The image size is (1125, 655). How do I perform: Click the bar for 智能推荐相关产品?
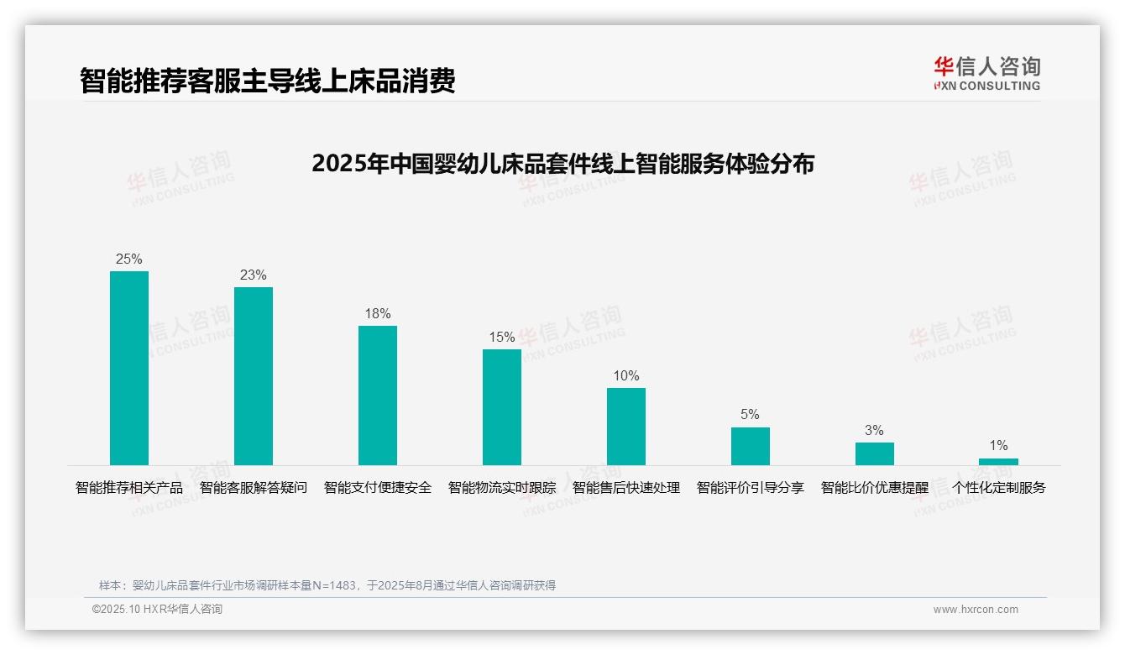[x=129, y=368]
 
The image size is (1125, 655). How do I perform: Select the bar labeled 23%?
[x=254, y=376]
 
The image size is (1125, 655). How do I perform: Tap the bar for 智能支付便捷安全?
[x=378, y=396]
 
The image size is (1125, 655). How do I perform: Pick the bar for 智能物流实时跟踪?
[x=502, y=407]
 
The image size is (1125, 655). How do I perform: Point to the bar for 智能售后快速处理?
[x=626, y=427]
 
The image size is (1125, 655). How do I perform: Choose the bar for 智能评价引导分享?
[x=751, y=446]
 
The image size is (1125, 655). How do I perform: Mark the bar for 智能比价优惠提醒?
[x=875, y=453]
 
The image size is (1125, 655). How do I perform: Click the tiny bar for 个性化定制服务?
[x=998, y=461]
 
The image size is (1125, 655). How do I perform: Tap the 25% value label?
[x=129, y=259]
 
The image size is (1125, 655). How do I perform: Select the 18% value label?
[x=378, y=314]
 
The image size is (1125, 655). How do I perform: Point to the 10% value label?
[x=626, y=376]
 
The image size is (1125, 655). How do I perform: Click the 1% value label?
[x=998, y=446]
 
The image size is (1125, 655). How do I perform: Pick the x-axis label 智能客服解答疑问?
[x=254, y=488]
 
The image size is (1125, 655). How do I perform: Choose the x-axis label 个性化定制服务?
[x=998, y=488]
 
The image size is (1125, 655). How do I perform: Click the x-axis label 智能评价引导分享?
[x=751, y=488]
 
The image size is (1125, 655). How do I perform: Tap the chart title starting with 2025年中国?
[x=562, y=164]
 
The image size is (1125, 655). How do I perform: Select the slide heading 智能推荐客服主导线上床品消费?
[x=267, y=81]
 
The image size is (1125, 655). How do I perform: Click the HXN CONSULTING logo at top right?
[x=986, y=74]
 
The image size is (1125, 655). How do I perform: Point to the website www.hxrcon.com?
[x=976, y=610]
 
